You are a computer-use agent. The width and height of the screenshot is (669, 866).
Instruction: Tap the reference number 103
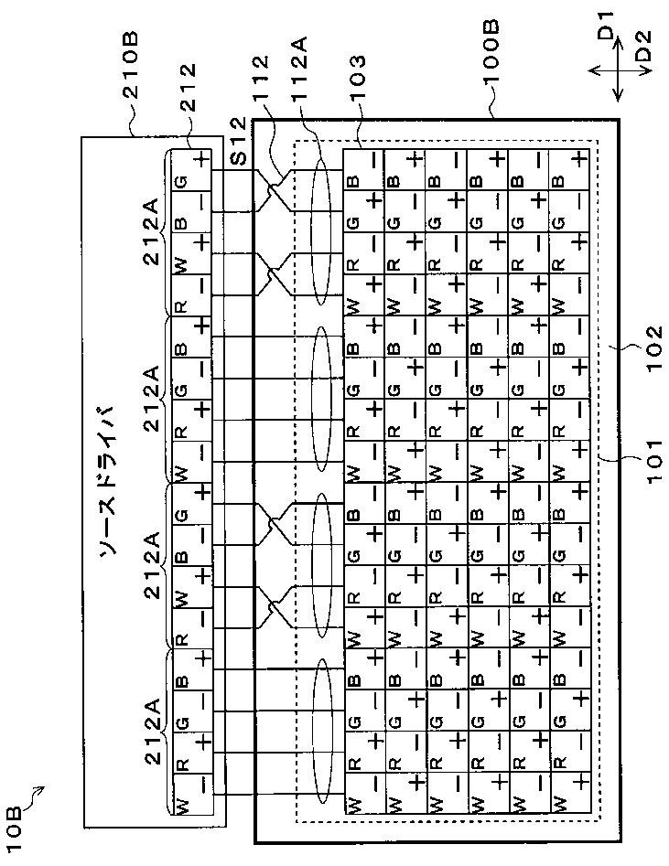pyautogui.click(x=356, y=81)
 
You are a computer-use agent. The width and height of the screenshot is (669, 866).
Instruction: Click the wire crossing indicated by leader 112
pyautogui.click(x=271, y=190)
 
